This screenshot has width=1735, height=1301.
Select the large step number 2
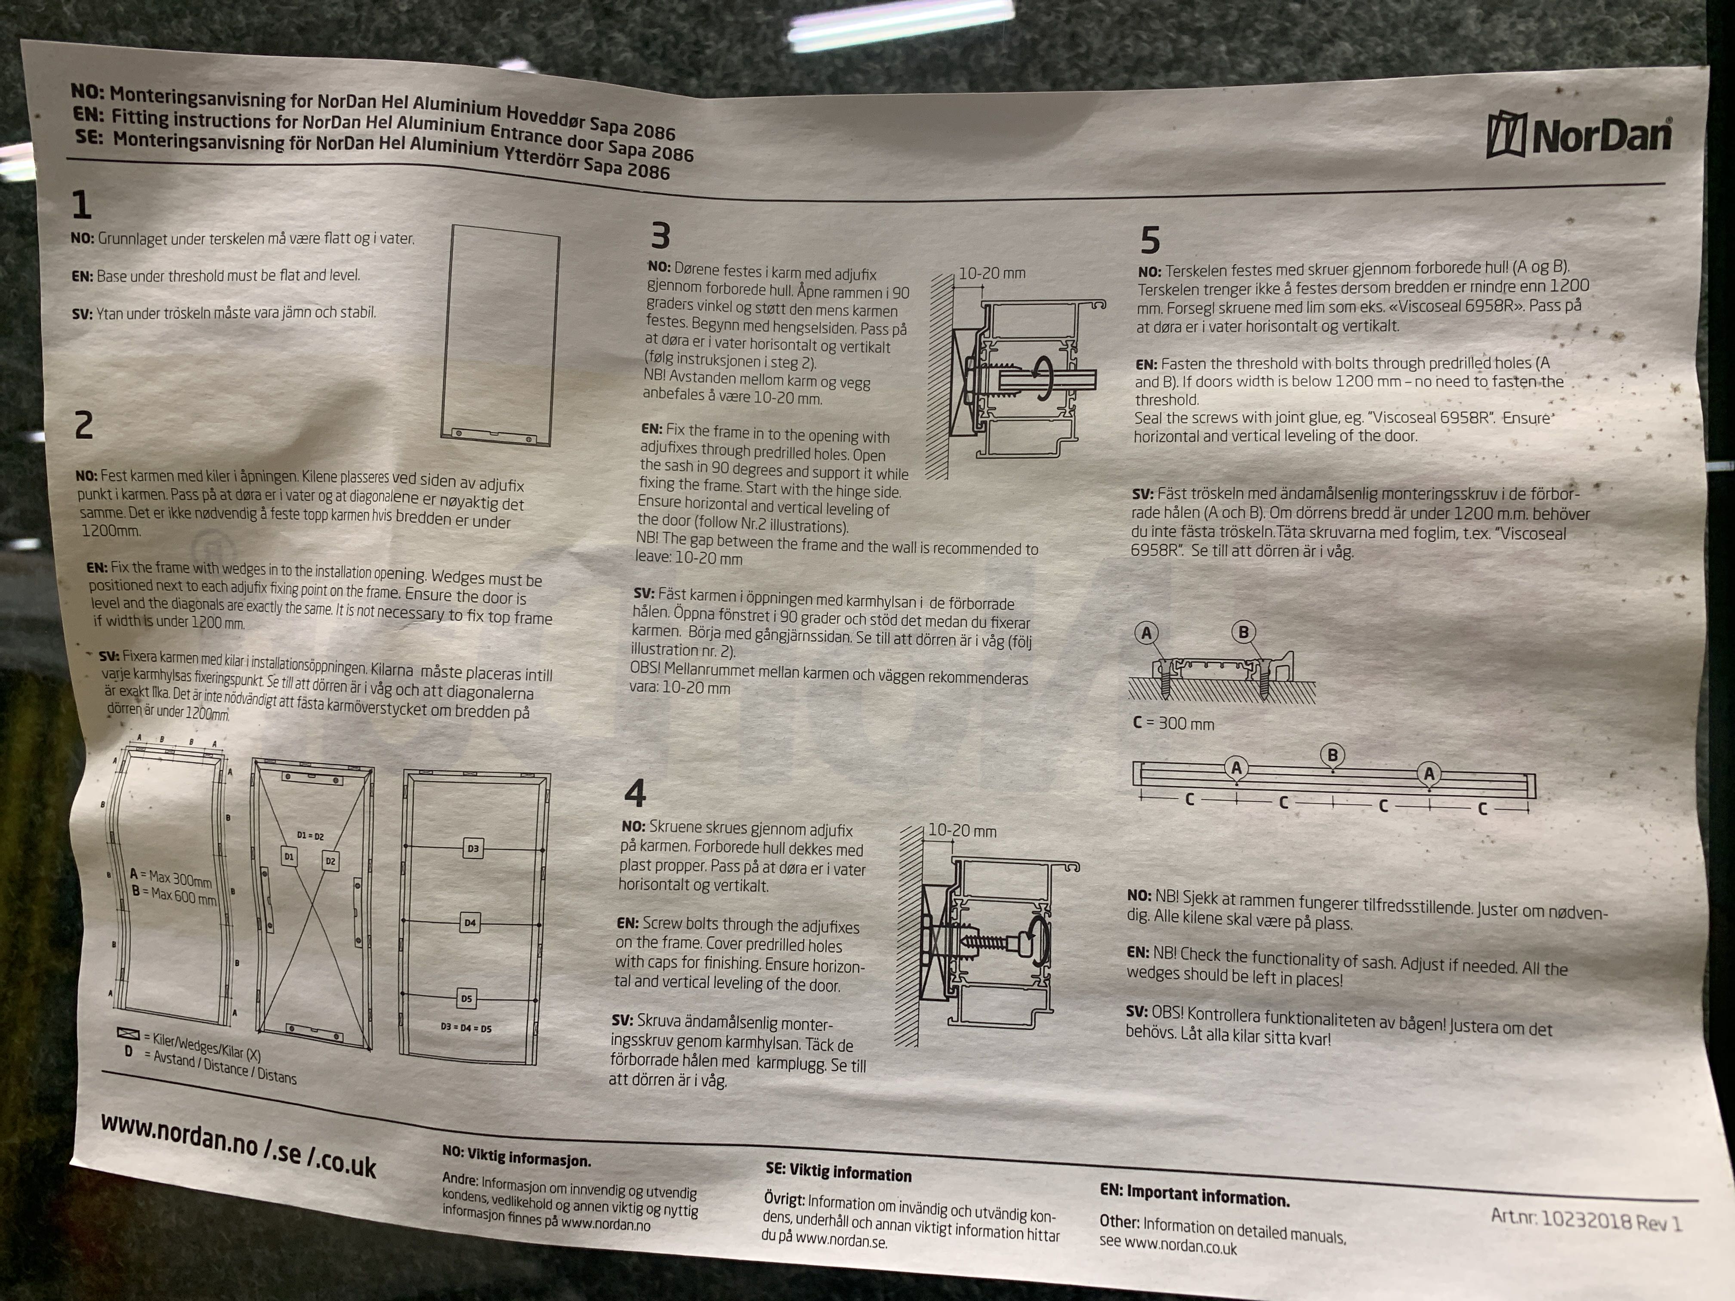pos(83,425)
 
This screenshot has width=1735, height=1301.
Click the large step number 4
pos(635,793)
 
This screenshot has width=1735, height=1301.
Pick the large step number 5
pos(1150,240)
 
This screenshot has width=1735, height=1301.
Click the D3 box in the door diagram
pos(473,848)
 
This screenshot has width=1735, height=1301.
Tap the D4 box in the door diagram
pos(470,922)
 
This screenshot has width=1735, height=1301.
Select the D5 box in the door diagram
pos(467,998)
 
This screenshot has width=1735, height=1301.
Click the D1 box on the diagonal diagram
pos(290,856)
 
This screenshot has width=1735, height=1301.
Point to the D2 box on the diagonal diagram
pos(330,861)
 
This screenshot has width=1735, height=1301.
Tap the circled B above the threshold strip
pos(1333,755)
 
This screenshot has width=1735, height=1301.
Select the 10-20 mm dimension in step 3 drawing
pos(991,273)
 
